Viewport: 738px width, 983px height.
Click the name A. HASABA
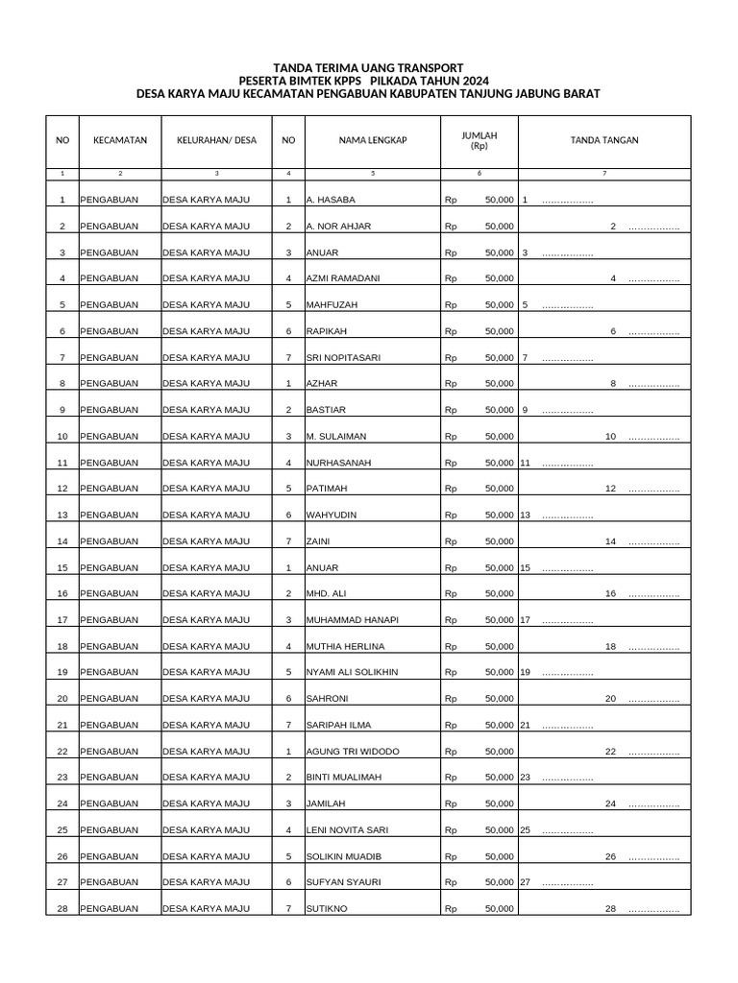(x=331, y=200)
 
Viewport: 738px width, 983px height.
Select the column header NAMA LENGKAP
(x=373, y=140)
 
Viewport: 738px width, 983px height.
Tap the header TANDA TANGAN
(x=604, y=140)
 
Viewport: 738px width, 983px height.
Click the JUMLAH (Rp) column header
(x=480, y=141)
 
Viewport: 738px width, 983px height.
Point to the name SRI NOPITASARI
(x=343, y=358)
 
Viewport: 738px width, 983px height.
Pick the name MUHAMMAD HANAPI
(x=352, y=620)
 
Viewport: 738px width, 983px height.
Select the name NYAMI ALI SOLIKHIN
(x=352, y=672)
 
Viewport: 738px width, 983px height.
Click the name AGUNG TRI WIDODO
(x=353, y=751)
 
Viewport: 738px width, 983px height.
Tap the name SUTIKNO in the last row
(x=327, y=908)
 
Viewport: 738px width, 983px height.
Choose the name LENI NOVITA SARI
(x=348, y=829)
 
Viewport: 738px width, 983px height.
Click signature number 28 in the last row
(x=610, y=908)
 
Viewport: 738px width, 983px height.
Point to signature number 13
(x=526, y=515)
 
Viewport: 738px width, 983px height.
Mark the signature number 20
(x=610, y=699)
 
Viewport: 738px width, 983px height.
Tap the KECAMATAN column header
(x=120, y=140)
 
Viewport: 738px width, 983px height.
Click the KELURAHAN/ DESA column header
(x=217, y=140)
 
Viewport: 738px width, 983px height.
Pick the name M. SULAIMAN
(x=335, y=437)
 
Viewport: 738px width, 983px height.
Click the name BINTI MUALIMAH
(x=345, y=777)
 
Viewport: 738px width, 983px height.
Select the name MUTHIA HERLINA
(x=345, y=646)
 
